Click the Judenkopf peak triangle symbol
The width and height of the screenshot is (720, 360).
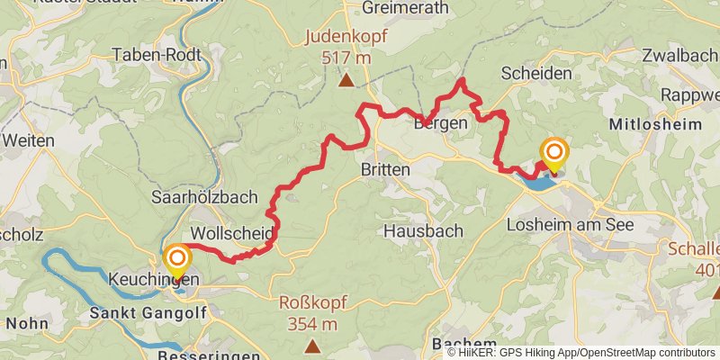click(x=346, y=81)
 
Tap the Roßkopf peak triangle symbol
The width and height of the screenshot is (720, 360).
click(x=312, y=346)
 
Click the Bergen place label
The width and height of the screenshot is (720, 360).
click(x=440, y=123)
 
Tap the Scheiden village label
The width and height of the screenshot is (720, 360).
click(x=536, y=74)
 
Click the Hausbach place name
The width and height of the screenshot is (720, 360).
click(x=423, y=230)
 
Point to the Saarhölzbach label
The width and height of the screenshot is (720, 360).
click(x=205, y=197)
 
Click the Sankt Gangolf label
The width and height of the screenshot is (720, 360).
click(x=148, y=312)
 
